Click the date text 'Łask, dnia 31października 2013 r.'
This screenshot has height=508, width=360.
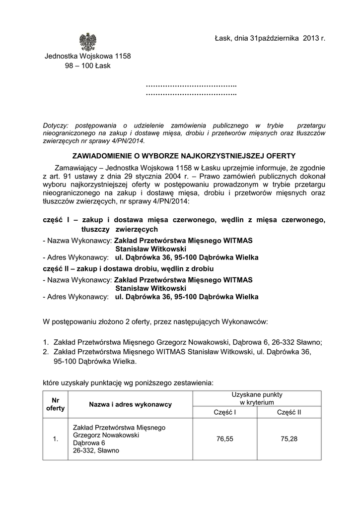point(270,38)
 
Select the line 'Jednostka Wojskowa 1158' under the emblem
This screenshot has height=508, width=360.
point(88,56)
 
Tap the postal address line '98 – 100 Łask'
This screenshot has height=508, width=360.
point(87,65)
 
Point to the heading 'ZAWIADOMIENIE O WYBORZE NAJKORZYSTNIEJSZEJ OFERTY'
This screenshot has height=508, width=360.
point(184,155)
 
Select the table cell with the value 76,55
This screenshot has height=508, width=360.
point(225,439)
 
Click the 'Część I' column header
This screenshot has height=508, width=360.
point(225,412)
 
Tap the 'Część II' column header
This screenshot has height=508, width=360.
point(289,412)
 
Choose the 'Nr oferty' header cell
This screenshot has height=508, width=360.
point(55,404)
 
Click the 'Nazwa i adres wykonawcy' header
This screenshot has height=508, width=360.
point(130,404)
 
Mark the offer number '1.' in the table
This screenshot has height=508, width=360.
point(55,439)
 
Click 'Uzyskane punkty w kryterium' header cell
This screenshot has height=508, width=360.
point(257,398)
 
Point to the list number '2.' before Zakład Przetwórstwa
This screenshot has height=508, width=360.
point(46,352)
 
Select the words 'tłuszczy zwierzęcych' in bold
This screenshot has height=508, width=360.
point(120,230)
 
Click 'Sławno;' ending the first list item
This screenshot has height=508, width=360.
point(309,342)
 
